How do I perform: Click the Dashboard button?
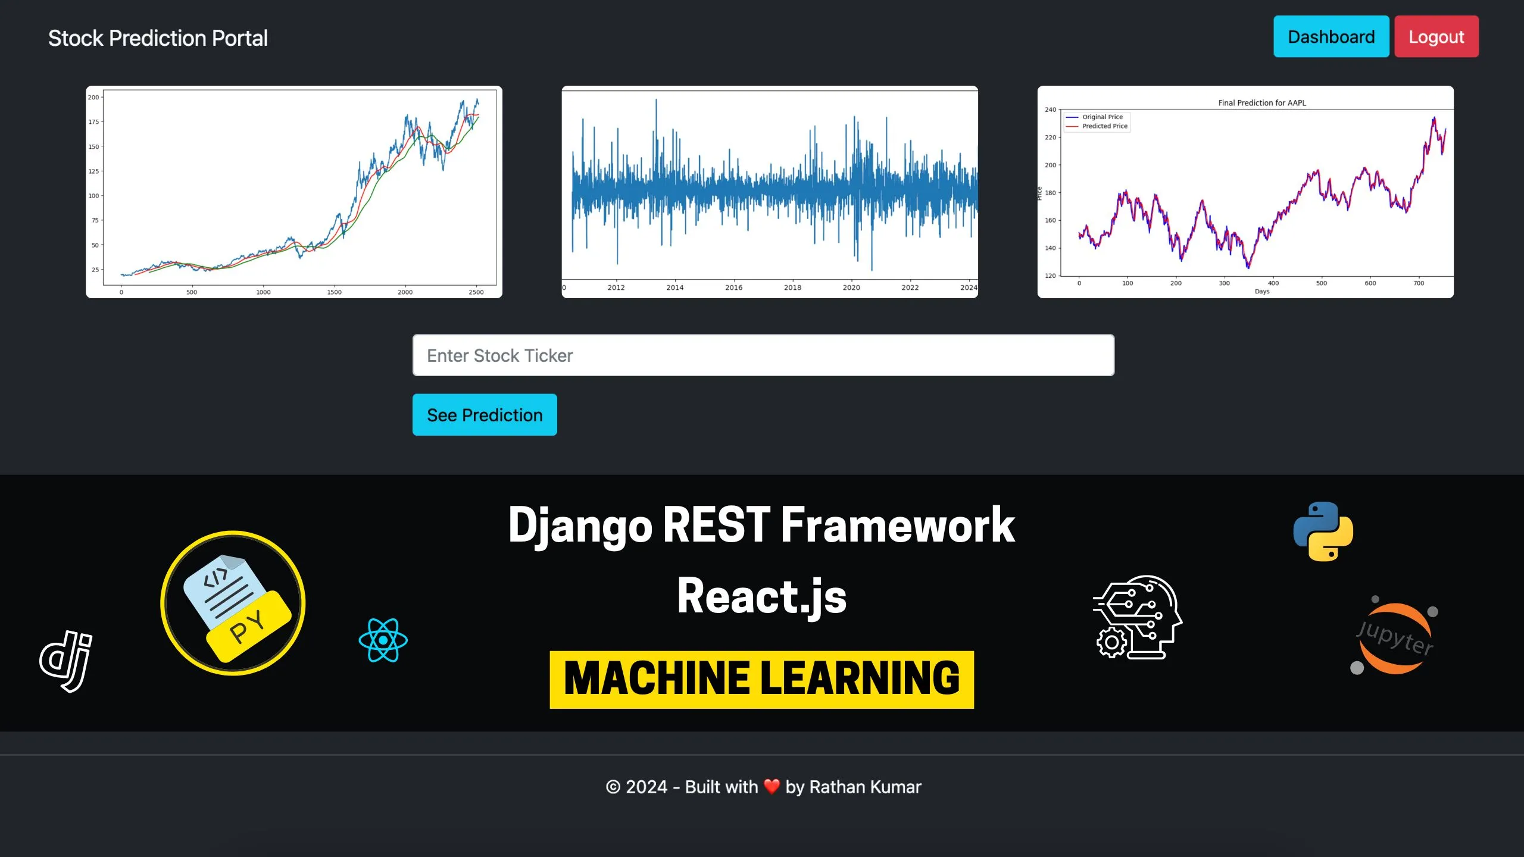(x=1331, y=37)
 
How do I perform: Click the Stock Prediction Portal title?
(x=158, y=39)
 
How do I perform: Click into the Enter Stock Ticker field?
(x=763, y=355)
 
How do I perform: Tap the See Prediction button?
(x=485, y=415)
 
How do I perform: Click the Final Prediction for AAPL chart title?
(x=1262, y=103)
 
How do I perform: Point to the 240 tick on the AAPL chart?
(x=1051, y=110)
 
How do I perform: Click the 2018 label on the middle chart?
(x=792, y=288)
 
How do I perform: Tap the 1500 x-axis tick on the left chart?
(x=334, y=292)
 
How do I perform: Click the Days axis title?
(x=1262, y=292)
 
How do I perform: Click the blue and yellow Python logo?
(x=1323, y=531)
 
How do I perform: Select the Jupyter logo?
(x=1394, y=638)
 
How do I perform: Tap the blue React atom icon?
(x=383, y=640)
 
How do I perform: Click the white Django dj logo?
(x=67, y=661)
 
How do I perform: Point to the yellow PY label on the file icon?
(x=247, y=627)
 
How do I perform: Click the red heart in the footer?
(x=772, y=787)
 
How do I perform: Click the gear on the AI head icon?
(x=1111, y=642)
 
